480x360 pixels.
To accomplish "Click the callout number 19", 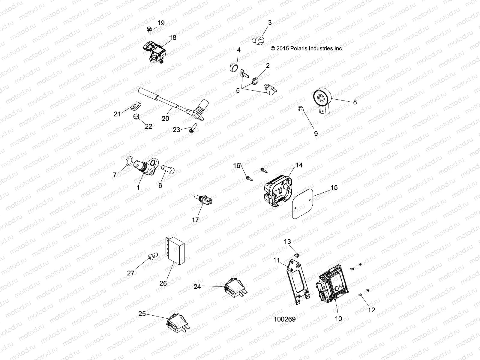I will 161,23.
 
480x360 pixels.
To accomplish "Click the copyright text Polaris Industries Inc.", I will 307,48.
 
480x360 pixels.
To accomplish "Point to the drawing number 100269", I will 284,319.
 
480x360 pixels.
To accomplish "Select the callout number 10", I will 338,319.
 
